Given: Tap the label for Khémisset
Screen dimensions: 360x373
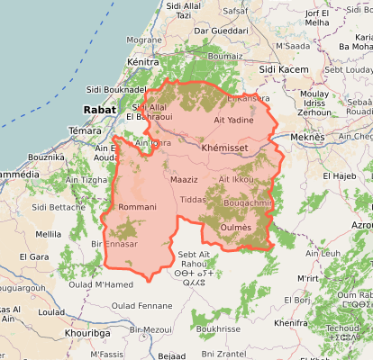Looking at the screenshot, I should (x=226, y=147).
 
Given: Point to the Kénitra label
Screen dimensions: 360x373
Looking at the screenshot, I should (x=144, y=61).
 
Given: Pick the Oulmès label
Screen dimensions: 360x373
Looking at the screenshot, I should (x=235, y=228).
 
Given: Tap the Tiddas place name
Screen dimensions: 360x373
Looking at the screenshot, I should (x=193, y=199).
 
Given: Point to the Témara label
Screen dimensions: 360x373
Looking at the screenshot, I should (x=86, y=130).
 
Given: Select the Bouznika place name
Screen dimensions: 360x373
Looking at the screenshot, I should (x=46, y=157).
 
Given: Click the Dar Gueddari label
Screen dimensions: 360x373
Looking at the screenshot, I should (x=221, y=30).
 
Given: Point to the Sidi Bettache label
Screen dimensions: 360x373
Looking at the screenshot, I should (x=59, y=206).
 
